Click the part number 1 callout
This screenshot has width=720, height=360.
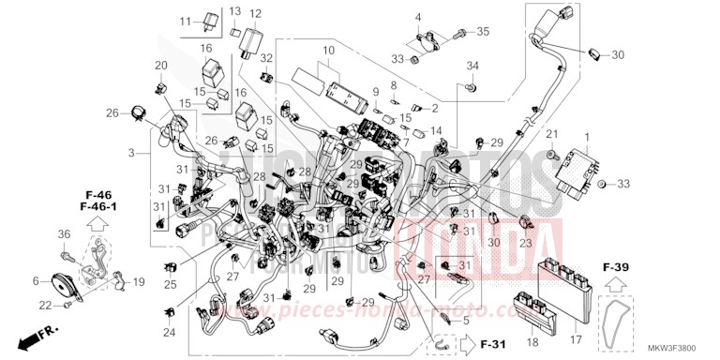588,140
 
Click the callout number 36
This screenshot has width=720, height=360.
65,234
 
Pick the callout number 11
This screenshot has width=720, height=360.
185,20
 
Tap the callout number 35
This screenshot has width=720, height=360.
483,32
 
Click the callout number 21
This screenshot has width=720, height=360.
552,135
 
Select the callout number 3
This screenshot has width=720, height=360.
132,152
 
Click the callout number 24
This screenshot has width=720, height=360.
169,332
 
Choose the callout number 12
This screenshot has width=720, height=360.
255,14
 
